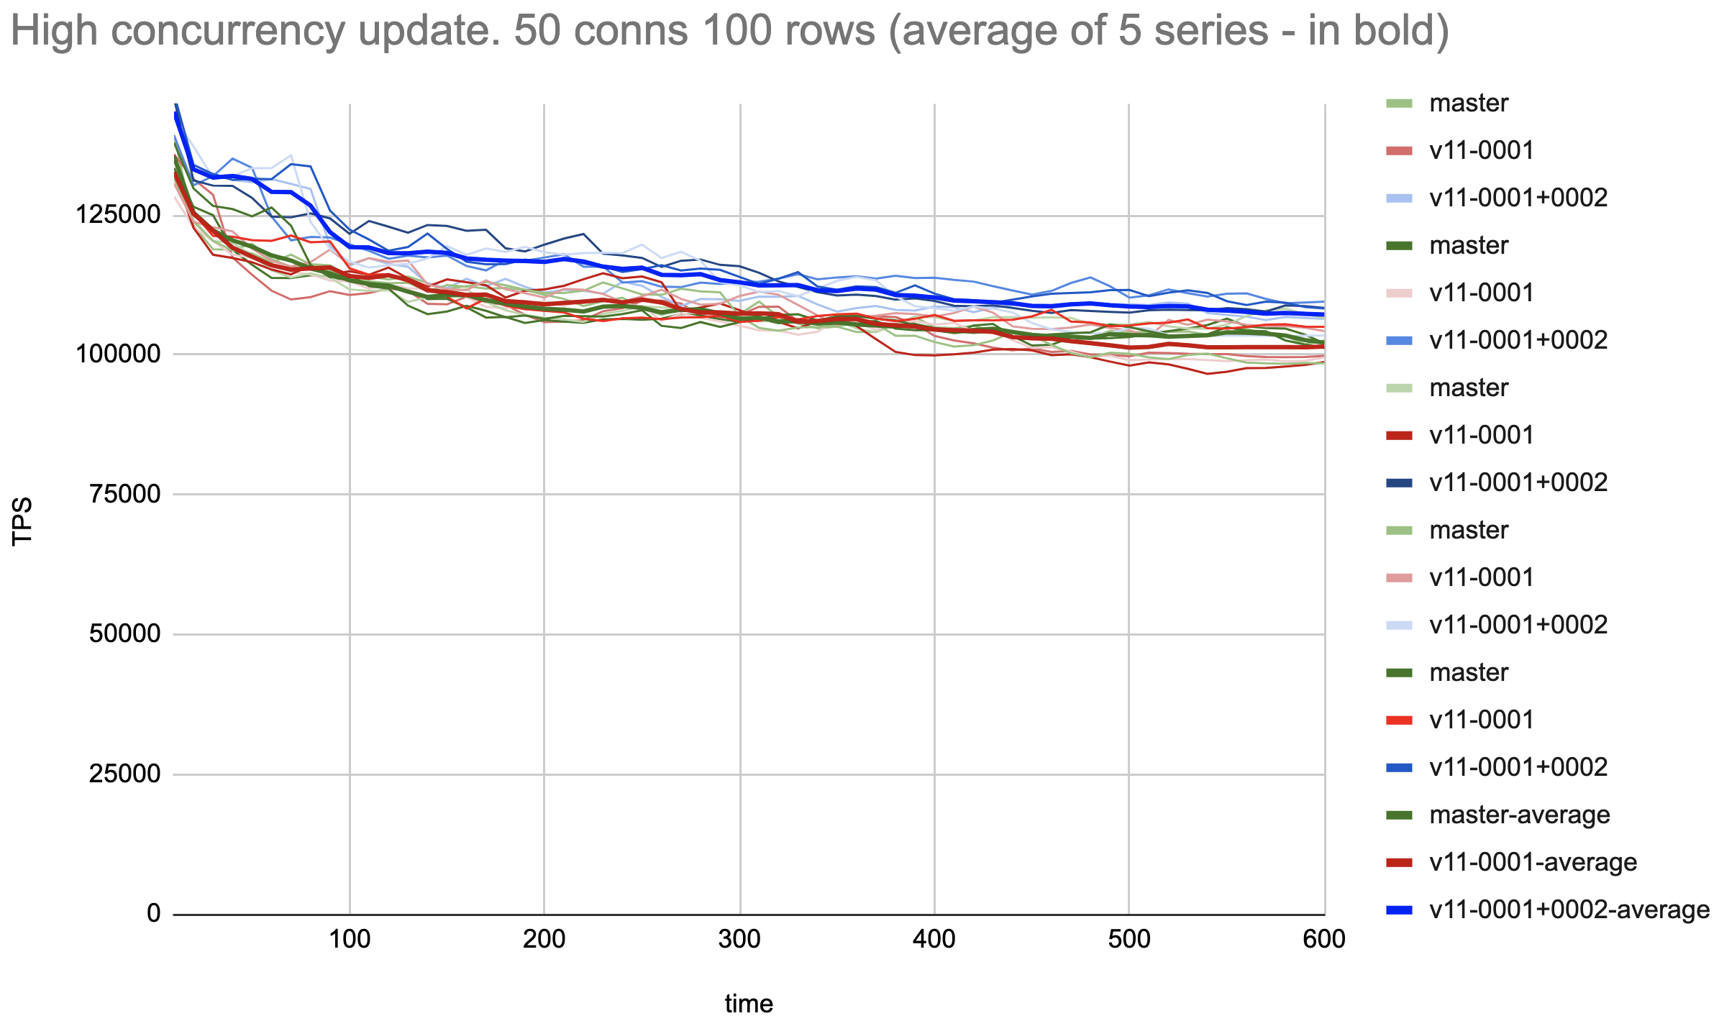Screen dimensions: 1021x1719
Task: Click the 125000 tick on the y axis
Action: pyautogui.click(x=118, y=214)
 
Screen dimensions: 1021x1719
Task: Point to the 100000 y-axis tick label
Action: pyautogui.click(x=118, y=354)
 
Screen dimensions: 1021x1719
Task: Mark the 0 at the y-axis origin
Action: pyautogui.click(x=154, y=913)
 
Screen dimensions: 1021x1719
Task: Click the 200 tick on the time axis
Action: pyautogui.click(x=544, y=939)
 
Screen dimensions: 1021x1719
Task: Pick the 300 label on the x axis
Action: pyautogui.click(x=739, y=939)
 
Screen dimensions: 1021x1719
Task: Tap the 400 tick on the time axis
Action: pyautogui.click(x=934, y=939)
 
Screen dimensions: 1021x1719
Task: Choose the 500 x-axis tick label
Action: pyautogui.click(x=1129, y=939)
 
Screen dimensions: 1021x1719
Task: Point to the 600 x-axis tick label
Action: pyautogui.click(x=1324, y=939)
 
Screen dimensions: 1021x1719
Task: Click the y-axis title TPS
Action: pyautogui.click(x=22, y=521)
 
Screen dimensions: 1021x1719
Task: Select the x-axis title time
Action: pyautogui.click(x=749, y=1003)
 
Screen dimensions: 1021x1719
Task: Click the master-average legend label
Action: pyautogui.click(x=1519, y=815)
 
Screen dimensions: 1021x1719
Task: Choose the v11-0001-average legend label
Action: pyautogui.click(x=1533, y=862)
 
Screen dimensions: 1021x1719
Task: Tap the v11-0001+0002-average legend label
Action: pyautogui.click(x=1569, y=910)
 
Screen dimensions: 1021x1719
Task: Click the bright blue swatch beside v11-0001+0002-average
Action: pyautogui.click(x=1399, y=910)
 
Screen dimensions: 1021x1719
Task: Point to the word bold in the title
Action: pyautogui.click(x=1392, y=30)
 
